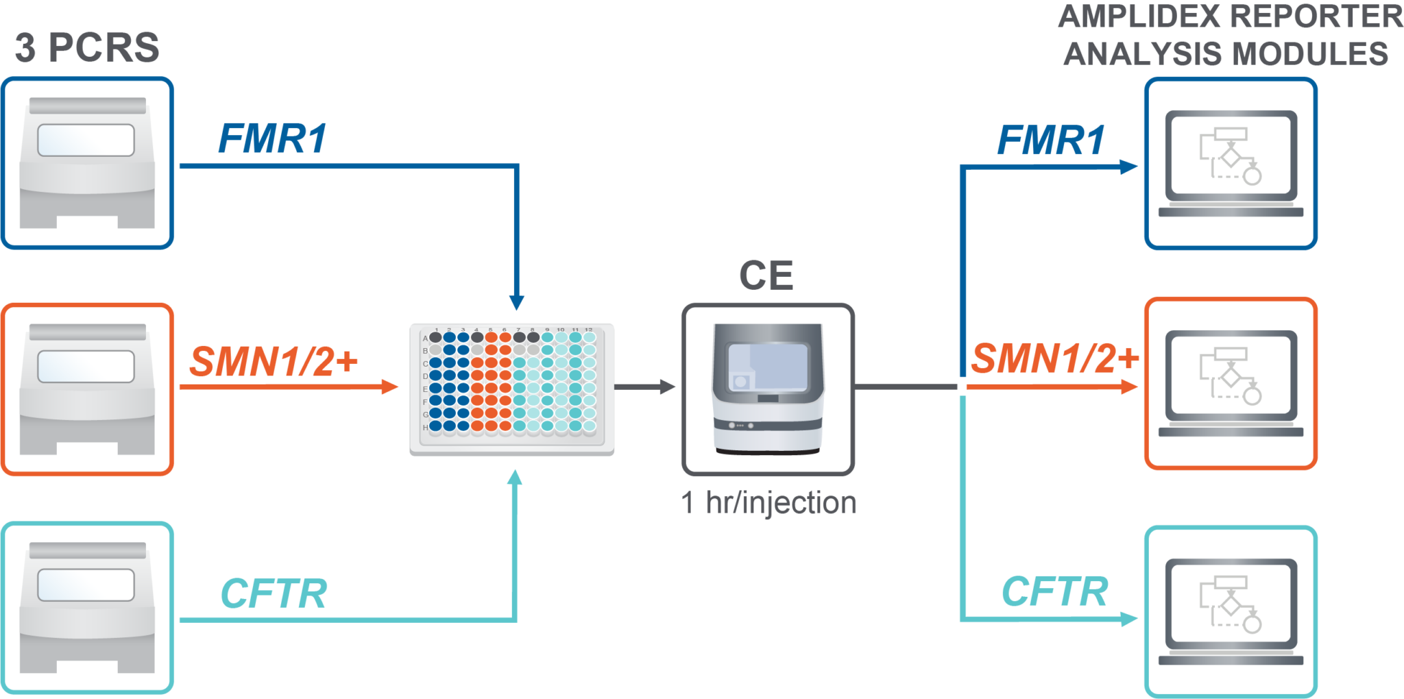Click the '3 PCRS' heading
[x=86, y=48]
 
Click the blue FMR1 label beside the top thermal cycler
[x=272, y=139]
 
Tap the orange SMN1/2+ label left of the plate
[x=274, y=361]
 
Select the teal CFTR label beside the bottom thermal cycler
[x=274, y=593]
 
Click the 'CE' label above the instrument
[x=766, y=275]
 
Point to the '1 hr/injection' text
[x=768, y=503]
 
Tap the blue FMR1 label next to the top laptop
[x=1050, y=140]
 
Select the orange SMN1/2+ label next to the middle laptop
[x=1054, y=358]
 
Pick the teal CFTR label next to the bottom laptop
[x=1054, y=591]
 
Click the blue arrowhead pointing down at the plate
[x=516, y=302]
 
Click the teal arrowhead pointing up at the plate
[x=514, y=477]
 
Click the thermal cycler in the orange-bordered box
[x=87, y=389]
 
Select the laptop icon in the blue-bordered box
[x=1231, y=164]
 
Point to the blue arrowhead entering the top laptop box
[x=1128, y=167]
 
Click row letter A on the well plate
[x=425, y=338]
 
